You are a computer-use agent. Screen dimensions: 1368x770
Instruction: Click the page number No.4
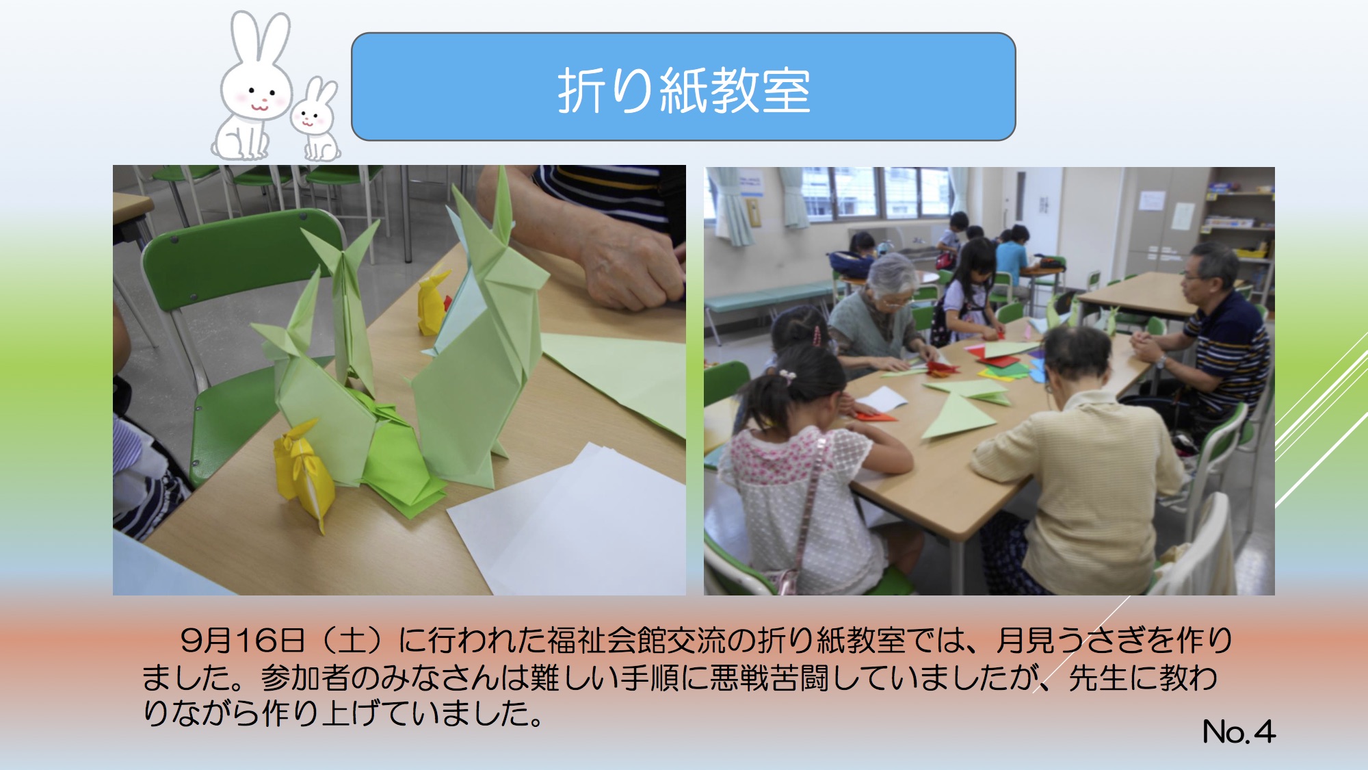click(x=1239, y=731)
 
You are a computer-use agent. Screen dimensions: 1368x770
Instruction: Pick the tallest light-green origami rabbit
click(x=472, y=342)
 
